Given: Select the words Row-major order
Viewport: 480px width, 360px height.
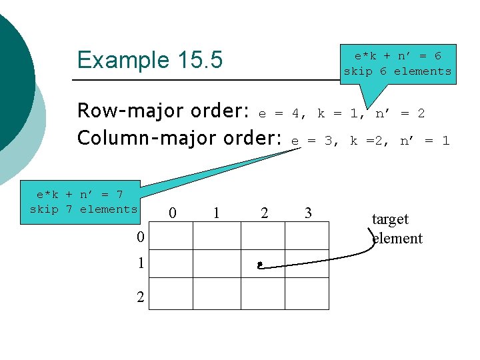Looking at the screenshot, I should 163,110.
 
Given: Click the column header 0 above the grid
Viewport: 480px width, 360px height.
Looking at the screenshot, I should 173,213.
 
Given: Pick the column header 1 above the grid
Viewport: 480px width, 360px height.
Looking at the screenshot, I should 216,213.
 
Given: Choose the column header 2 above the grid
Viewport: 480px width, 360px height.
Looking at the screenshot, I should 264,213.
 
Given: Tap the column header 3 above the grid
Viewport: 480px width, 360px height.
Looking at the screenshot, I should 307,213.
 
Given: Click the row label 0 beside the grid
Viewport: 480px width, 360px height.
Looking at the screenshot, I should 140,237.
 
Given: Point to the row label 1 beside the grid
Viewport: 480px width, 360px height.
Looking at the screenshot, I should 140,263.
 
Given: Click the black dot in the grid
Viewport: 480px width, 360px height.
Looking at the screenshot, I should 259,265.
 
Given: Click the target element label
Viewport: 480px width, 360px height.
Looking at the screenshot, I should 396,229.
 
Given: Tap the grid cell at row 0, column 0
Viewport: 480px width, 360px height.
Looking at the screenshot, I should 171,235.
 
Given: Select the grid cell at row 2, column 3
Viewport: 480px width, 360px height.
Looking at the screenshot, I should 307,293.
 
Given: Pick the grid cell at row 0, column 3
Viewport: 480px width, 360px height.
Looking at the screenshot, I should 307,235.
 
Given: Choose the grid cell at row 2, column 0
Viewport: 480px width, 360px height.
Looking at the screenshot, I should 171,293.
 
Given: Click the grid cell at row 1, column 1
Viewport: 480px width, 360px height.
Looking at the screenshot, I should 217,263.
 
